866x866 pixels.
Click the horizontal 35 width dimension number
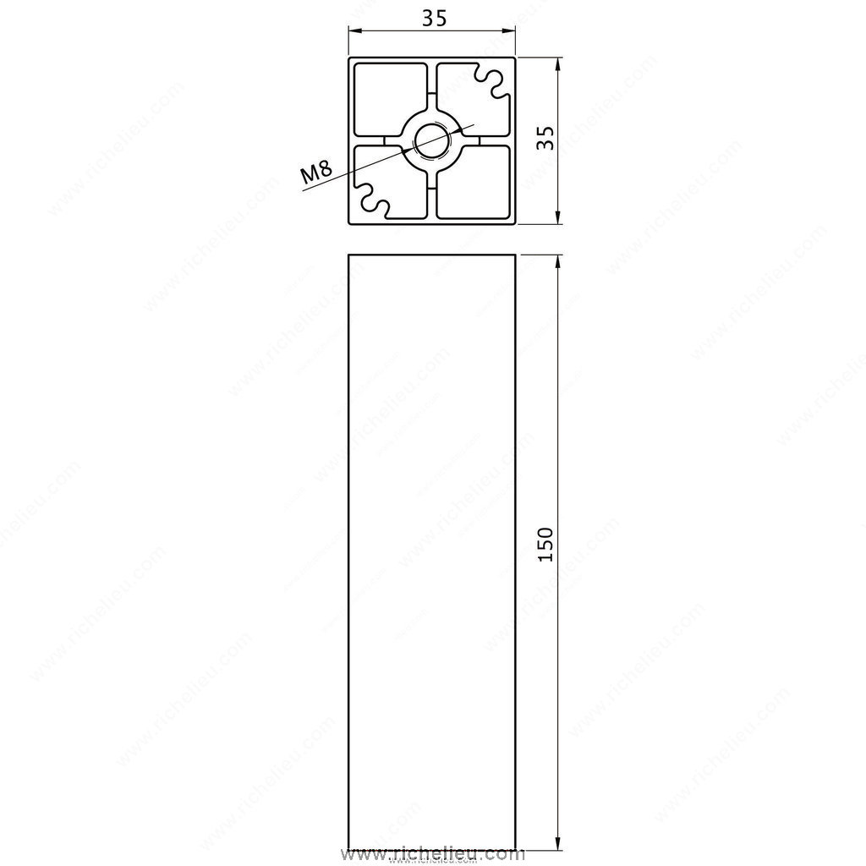tap(434, 19)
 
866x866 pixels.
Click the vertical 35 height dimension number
tap(545, 138)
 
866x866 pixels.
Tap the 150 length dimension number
tap(545, 544)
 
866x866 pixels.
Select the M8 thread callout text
tap(316, 172)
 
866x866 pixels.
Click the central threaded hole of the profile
tap(432, 141)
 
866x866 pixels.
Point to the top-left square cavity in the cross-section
tap(391, 100)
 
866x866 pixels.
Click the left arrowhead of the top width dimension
tap(354, 31)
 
